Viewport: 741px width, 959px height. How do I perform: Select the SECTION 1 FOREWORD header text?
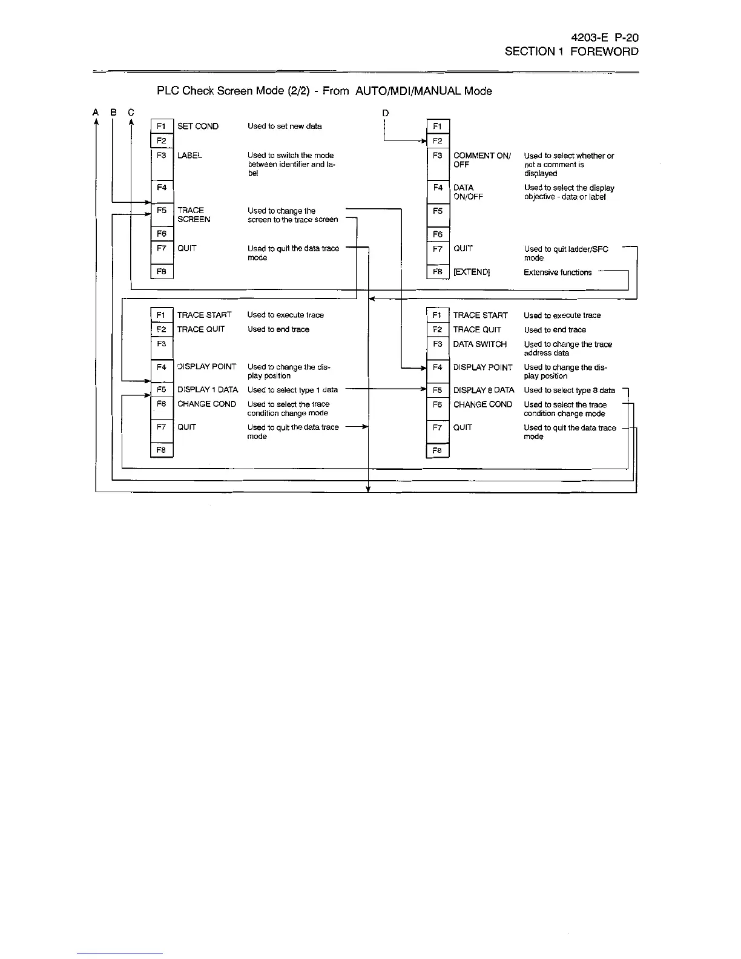coord(571,51)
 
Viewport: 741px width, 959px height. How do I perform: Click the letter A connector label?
coord(96,112)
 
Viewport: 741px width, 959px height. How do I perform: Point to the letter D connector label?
coord(385,113)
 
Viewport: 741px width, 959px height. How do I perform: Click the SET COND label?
coord(197,127)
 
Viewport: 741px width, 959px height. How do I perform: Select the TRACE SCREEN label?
coord(193,215)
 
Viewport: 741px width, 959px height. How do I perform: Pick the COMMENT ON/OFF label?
coord(481,160)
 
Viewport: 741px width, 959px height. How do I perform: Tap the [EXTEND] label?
coord(471,272)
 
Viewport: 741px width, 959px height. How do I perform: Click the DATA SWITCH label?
coord(479,344)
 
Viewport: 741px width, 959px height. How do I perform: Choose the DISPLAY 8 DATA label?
coord(483,391)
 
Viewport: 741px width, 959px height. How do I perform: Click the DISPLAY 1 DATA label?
coord(207,390)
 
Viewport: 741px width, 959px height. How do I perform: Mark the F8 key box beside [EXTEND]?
coord(438,272)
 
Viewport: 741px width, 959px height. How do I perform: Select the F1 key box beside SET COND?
coord(162,127)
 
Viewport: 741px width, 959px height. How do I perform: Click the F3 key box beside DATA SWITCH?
coord(438,344)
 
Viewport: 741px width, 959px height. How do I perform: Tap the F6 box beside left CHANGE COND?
coord(162,404)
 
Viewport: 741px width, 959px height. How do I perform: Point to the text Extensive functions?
coord(557,272)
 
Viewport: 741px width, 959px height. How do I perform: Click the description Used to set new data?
coord(285,127)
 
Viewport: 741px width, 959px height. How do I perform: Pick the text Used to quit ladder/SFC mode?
coord(565,253)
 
